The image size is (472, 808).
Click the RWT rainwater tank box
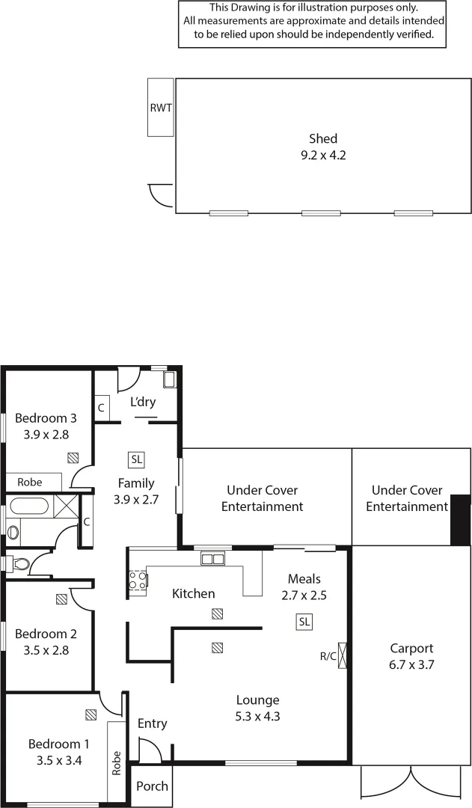pos(160,108)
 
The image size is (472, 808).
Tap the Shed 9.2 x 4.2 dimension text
pos(323,156)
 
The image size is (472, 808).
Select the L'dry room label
pos(142,402)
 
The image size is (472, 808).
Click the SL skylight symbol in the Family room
pos(136,459)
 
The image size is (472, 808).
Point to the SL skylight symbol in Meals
pos(304,622)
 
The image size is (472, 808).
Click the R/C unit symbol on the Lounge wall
pos(343,655)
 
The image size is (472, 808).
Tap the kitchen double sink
pos(212,558)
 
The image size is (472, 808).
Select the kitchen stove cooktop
pos(138,580)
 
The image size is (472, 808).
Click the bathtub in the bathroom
pos(28,506)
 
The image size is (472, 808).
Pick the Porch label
pos(152,786)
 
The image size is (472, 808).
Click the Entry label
pos(152,723)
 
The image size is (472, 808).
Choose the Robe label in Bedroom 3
pos(30,483)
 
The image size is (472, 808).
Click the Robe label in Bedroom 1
pos(117,762)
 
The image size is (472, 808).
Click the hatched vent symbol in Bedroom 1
pos(91,714)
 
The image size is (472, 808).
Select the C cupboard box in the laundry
pos(101,408)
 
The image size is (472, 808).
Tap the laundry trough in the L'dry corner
pos(169,379)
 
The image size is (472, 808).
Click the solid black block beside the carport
pos(459,519)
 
